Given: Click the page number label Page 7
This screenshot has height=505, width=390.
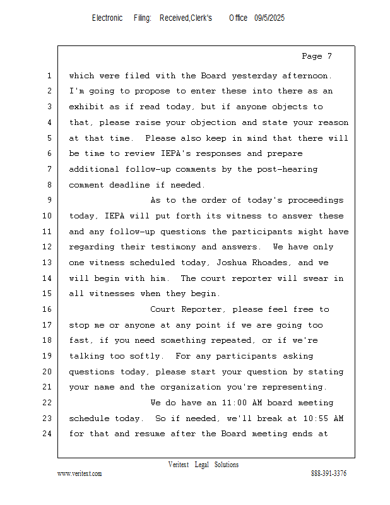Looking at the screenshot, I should pyautogui.click(x=317, y=56).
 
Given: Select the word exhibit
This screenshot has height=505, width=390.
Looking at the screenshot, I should pyautogui.click(x=86, y=107).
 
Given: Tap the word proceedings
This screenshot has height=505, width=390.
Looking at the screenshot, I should pyautogui.click(x=316, y=200).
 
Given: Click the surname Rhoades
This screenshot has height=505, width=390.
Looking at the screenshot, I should pyautogui.click(x=275, y=263).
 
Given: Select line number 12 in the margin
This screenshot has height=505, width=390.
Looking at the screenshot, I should pyautogui.click(x=49, y=247).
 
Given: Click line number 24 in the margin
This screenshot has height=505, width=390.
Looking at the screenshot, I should pyautogui.click(x=49, y=434).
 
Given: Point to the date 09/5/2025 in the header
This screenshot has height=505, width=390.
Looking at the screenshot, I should pyautogui.click(x=269, y=18).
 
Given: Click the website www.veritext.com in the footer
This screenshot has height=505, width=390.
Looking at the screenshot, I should pyautogui.click(x=80, y=474).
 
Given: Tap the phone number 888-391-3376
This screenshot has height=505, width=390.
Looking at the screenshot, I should pyautogui.click(x=329, y=474).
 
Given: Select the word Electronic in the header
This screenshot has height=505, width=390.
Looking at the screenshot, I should pyautogui.click(x=107, y=18).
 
